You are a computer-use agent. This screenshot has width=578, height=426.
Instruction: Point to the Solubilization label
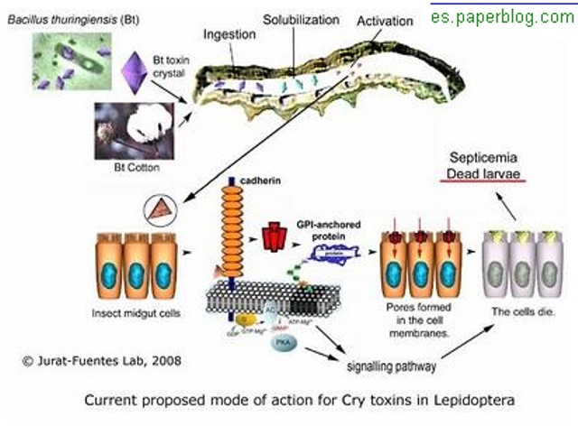(x=301, y=19)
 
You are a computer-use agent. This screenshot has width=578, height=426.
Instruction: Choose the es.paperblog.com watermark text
(x=501, y=16)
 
